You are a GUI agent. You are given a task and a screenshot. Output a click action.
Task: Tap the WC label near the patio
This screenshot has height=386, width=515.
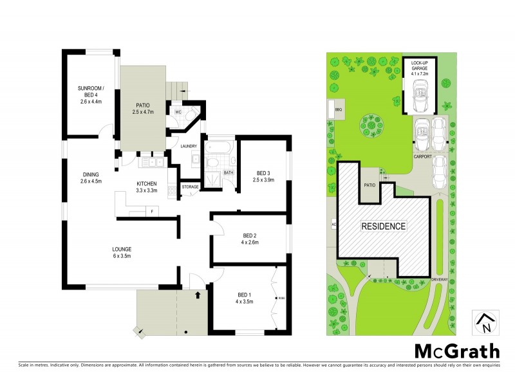point(178,111)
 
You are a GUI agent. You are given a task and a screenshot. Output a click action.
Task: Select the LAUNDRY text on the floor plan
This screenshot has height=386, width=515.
point(189,146)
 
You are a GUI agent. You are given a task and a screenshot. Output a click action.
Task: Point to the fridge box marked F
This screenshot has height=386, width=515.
point(151,211)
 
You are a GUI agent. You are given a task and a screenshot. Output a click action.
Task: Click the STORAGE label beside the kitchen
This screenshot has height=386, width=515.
point(190,187)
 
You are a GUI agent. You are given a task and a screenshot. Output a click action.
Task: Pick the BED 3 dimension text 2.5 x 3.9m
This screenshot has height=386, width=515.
point(262,180)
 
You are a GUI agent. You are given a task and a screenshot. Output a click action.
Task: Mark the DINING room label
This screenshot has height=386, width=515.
point(90,178)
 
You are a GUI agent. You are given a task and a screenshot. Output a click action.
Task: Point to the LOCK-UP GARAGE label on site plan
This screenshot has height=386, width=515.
point(420,65)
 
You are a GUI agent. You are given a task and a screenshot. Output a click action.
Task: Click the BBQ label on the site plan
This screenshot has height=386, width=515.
point(338,110)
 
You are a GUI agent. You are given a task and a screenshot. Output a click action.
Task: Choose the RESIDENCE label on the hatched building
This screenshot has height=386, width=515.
point(383,226)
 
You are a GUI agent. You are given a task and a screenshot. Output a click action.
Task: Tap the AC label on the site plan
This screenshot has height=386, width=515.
point(333,225)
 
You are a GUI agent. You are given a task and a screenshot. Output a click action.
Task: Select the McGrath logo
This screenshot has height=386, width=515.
point(456,351)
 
